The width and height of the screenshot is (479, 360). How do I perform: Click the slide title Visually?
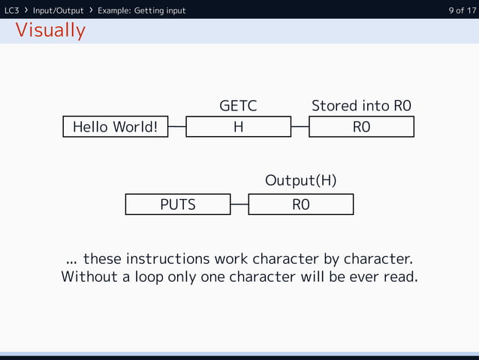point(50,31)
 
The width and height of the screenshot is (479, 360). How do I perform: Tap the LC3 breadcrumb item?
point(12,10)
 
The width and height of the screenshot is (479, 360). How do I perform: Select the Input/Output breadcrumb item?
point(58,10)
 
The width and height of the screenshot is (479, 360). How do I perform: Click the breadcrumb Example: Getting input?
point(141,10)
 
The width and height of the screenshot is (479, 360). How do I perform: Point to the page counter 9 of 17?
point(461,10)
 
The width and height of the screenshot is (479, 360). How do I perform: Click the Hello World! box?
point(115,127)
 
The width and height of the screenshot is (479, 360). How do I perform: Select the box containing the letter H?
point(238,127)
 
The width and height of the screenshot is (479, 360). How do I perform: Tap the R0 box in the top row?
point(361,127)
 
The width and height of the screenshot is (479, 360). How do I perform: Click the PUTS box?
point(177,204)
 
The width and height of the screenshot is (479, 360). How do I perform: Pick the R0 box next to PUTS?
point(300,204)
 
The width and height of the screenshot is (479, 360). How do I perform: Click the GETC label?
point(238,106)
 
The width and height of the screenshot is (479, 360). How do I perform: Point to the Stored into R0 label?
point(361,106)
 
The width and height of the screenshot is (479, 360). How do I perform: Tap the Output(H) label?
point(300,181)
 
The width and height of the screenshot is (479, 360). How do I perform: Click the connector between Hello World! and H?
point(176,127)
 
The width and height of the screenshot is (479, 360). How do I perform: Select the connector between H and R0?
point(300,127)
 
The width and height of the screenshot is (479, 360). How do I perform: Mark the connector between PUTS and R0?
point(239,204)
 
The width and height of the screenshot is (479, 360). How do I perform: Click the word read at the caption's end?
point(399,277)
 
